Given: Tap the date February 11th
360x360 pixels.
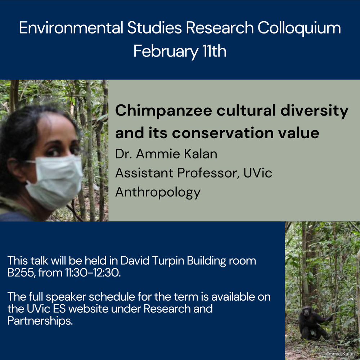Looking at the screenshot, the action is click(x=180, y=51).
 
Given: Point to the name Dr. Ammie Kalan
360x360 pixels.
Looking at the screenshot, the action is click(x=166, y=154).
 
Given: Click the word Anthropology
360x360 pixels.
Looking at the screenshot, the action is click(x=158, y=192).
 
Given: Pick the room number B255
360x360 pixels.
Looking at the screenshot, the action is click(x=21, y=273).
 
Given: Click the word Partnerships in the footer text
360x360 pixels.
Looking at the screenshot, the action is click(x=40, y=321).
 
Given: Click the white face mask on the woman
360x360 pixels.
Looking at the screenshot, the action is click(x=54, y=181).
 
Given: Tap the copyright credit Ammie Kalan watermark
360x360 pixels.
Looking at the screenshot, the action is click(x=338, y=354).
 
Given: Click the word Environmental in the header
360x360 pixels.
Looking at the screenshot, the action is click(x=71, y=28).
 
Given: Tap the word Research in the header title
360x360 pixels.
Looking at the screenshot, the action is click(x=220, y=28).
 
